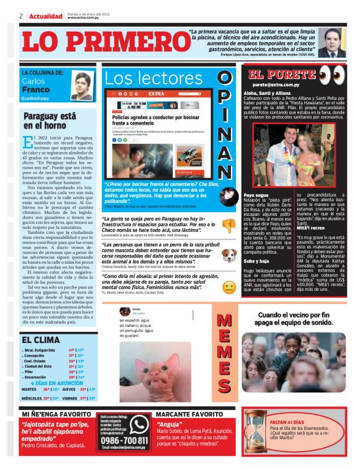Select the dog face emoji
(229, 255)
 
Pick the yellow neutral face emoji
(229, 287)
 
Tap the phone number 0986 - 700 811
(125, 440)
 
